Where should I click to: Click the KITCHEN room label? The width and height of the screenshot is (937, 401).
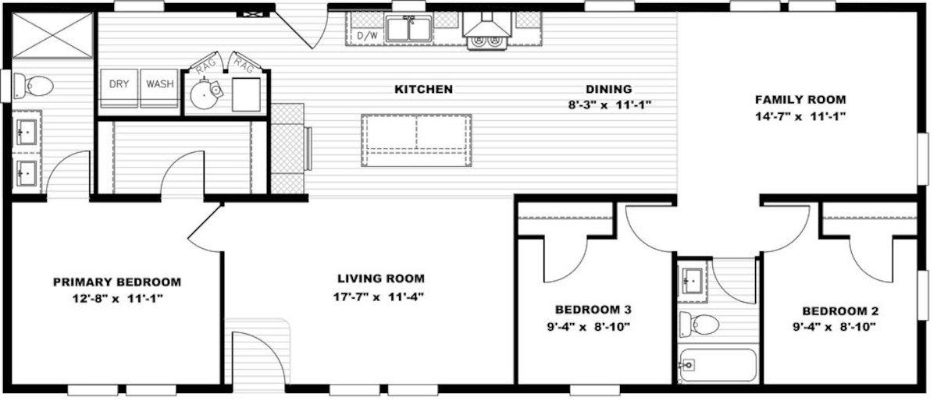[x=424, y=89]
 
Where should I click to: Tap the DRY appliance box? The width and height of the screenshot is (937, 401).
[x=119, y=88]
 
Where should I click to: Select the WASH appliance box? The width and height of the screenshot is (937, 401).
[x=159, y=88]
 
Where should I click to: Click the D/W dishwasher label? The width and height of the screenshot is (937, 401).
[x=367, y=36]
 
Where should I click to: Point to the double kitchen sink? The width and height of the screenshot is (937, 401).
[x=408, y=28]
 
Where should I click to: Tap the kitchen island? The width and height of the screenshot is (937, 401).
[x=416, y=140]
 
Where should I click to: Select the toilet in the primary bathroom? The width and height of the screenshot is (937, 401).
[x=34, y=86]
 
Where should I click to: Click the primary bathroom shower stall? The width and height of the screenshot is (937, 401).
[x=52, y=34]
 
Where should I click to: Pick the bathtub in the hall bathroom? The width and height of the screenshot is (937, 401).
[x=718, y=365]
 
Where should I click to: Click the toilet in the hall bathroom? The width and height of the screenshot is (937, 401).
[x=699, y=324]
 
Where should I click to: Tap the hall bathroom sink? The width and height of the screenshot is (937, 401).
[x=693, y=281]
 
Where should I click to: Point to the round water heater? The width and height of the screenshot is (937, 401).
[x=203, y=95]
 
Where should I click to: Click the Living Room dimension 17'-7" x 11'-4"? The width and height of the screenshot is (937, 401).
[x=379, y=297]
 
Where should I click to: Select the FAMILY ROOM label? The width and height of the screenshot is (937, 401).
[x=800, y=100]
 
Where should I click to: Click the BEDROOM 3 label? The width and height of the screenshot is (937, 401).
[x=593, y=310]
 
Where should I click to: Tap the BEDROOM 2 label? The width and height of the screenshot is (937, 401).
[x=840, y=311]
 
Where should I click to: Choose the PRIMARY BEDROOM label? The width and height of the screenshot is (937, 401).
[x=117, y=282]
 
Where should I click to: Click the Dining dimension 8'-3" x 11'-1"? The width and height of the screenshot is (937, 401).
[x=610, y=105]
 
